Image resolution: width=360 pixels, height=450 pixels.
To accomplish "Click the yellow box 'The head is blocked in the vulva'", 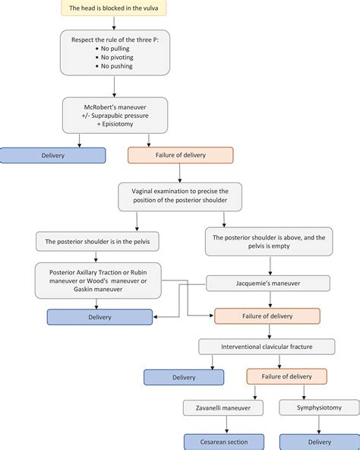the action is pyautogui.click(x=114, y=8).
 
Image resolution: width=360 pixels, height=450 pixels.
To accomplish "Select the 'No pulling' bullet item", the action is pyautogui.click(x=112, y=49).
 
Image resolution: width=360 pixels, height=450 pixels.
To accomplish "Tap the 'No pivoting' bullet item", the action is pyautogui.click(x=115, y=58).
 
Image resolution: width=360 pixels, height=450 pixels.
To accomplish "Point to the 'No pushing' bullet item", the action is pyautogui.click(x=115, y=66).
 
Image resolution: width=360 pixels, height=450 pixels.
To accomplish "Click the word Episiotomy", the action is pyautogui.click(x=117, y=124).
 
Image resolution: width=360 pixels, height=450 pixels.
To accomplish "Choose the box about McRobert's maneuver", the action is pyautogui.click(x=115, y=116).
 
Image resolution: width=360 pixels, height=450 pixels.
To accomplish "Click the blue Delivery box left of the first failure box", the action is pyautogui.click(x=52, y=156).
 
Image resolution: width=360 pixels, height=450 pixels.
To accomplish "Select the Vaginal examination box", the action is pyautogui.click(x=180, y=197).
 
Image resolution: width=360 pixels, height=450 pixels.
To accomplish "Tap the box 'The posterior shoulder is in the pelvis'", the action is pyautogui.click(x=97, y=242).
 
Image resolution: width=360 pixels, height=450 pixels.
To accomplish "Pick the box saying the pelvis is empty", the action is pyautogui.click(x=269, y=242).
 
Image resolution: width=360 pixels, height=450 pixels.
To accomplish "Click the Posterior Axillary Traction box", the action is pyautogui.click(x=98, y=280).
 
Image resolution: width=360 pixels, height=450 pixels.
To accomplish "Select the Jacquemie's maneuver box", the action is pyautogui.click(x=268, y=284).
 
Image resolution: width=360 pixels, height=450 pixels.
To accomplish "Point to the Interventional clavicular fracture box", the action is pyautogui.click(x=267, y=347).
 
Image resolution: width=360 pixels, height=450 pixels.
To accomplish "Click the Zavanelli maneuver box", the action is pyautogui.click(x=223, y=407).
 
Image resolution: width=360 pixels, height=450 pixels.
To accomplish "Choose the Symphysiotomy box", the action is pyautogui.click(x=319, y=407).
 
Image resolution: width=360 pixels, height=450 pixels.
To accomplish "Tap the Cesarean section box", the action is pyautogui.click(x=224, y=442).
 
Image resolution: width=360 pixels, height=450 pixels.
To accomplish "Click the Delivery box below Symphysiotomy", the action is pyautogui.click(x=320, y=442).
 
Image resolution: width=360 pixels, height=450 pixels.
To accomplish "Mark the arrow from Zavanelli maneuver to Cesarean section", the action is pyautogui.click(x=226, y=424).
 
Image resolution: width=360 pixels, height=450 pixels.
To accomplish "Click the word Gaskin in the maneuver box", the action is pyautogui.click(x=84, y=290).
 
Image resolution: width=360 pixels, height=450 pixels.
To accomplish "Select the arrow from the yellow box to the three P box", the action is pyautogui.click(x=114, y=23).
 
